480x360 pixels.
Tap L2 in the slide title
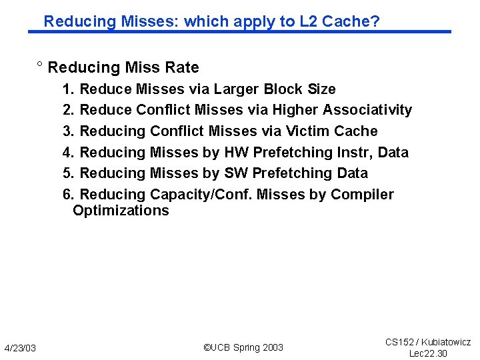(x=309, y=21)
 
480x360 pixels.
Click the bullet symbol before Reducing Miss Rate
(x=40, y=66)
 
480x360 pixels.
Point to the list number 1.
(x=68, y=89)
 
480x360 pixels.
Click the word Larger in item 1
(x=233, y=89)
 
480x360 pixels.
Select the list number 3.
(x=68, y=131)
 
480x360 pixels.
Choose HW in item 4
(x=237, y=153)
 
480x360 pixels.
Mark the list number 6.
(x=68, y=195)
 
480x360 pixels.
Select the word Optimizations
(x=121, y=211)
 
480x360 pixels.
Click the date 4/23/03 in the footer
(x=20, y=349)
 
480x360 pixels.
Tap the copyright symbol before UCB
(x=207, y=347)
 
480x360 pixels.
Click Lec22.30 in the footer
(x=428, y=353)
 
